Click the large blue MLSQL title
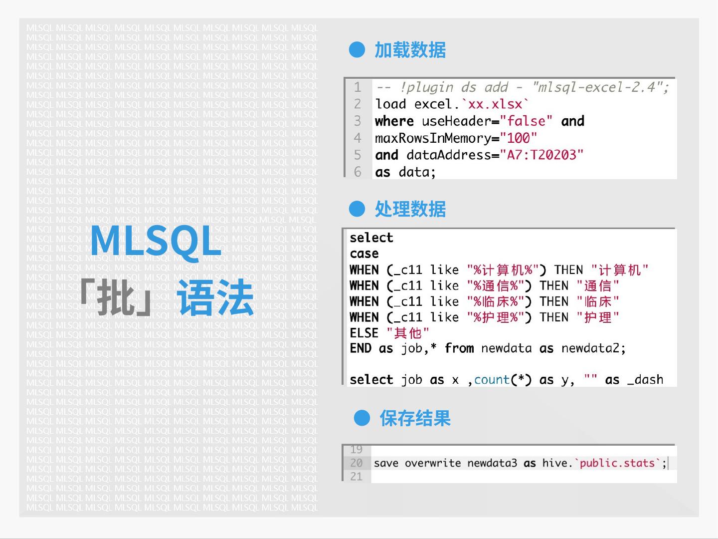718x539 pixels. click(x=156, y=241)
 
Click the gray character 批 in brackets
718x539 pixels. click(x=116, y=298)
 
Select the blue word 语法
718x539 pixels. click(x=215, y=298)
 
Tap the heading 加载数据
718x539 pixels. click(x=410, y=50)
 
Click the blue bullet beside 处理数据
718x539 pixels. click(x=357, y=209)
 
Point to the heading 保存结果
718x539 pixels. click(x=415, y=418)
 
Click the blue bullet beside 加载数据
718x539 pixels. click(x=357, y=50)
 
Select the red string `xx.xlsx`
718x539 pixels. click(x=495, y=104)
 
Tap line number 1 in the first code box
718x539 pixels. click(x=358, y=87)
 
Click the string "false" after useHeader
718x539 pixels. click(x=526, y=121)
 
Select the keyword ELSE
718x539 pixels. click(x=364, y=333)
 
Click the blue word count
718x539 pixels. click(x=492, y=380)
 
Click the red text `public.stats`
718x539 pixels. click(x=617, y=463)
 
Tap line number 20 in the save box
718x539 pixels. click(x=356, y=463)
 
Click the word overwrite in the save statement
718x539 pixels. click(x=432, y=463)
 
